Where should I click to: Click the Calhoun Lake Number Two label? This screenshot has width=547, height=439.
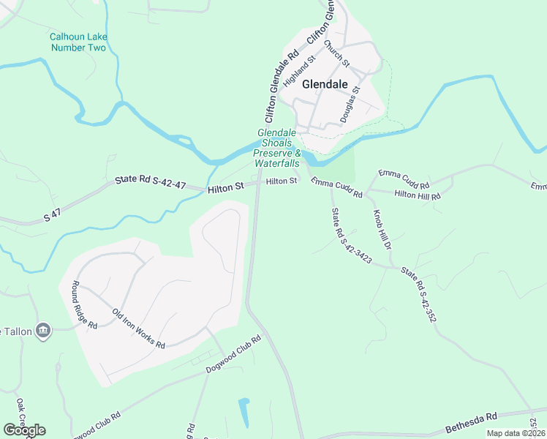[78, 42]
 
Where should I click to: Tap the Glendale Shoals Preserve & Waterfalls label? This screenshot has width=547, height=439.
[278, 148]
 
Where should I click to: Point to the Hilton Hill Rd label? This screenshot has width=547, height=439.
[418, 196]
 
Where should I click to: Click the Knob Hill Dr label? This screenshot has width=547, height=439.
[384, 231]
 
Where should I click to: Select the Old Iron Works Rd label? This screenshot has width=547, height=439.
[138, 329]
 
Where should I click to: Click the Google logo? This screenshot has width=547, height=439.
[24, 430]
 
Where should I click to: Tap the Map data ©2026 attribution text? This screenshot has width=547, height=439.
[516, 433]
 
